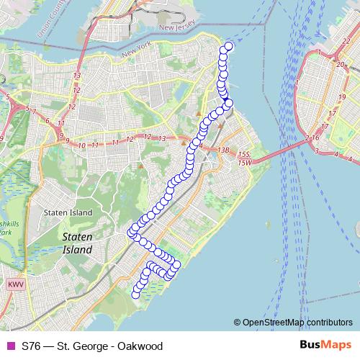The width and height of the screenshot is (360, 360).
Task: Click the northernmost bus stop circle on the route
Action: [x=229, y=47]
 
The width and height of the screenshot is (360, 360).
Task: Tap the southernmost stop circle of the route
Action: [x=135, y=293]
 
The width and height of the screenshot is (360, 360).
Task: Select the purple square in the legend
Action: [x=10, y=346]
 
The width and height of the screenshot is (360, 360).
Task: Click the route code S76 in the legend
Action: [x=32, y=346]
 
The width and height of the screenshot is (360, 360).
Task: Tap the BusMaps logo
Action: [x=325, y=345]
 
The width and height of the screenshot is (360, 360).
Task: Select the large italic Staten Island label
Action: [x=77, y=243]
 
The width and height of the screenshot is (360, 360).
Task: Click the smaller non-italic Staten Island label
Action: [x=68, y=213]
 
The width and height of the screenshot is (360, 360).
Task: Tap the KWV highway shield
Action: [x=16, y=285]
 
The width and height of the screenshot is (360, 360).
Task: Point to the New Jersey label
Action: [x=177, y=28]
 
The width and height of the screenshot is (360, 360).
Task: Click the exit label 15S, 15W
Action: [x=246, y=158]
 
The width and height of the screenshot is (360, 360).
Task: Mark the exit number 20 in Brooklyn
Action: [x=338, y=64]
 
